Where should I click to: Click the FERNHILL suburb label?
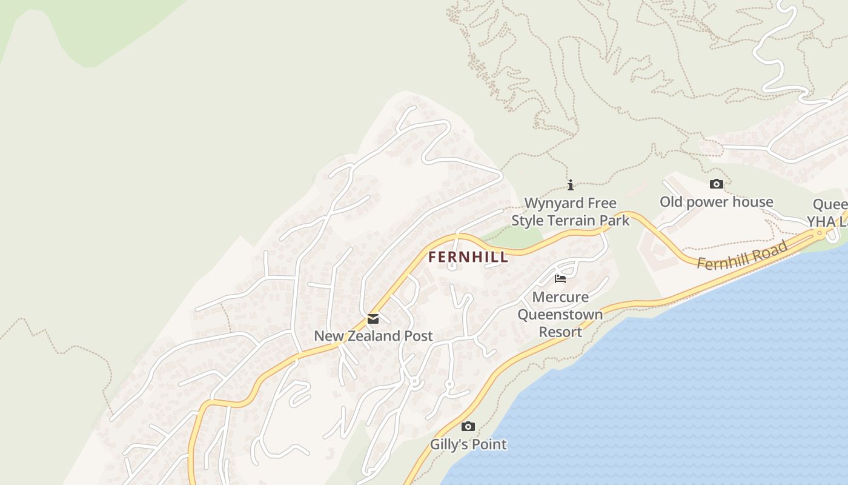tap(468, 257)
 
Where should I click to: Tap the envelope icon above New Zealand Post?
tap(373, 319)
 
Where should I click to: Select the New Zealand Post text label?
tap(373, 336)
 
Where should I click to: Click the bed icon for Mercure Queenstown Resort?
tap(560, 279)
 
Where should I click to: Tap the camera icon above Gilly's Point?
tap(468, 426)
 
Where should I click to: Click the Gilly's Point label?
tap(468, 444)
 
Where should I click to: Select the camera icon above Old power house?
tap(716, 184)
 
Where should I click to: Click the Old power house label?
tap(716, 202)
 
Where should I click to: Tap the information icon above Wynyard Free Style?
tap(570, 185)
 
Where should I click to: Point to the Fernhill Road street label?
tap(743, 255)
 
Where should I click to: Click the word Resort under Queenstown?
tap(560, 332)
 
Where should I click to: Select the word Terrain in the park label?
tap(572, 221)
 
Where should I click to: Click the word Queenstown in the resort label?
tap(560, 315)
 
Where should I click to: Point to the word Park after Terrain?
tap(615, 221)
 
